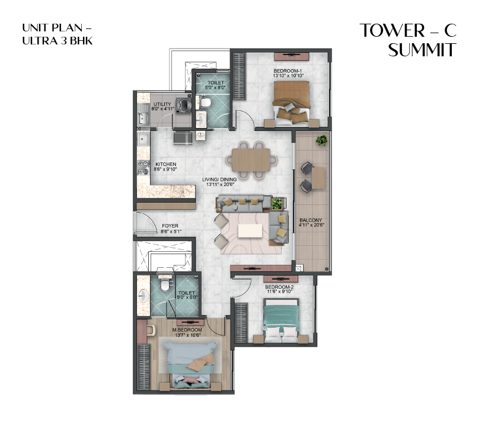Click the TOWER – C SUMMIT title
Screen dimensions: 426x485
[409, 40]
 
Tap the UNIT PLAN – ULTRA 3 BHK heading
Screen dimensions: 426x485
[58, 34]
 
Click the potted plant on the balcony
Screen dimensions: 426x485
[321, 141]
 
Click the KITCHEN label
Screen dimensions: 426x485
[165, 164]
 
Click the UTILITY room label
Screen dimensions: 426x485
[162, 104]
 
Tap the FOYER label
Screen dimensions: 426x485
[170, 226]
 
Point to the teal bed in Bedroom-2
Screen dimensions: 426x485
[280, 318]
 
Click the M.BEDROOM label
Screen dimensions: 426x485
[187, 329]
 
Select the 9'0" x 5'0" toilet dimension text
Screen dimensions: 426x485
[186, 298]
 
